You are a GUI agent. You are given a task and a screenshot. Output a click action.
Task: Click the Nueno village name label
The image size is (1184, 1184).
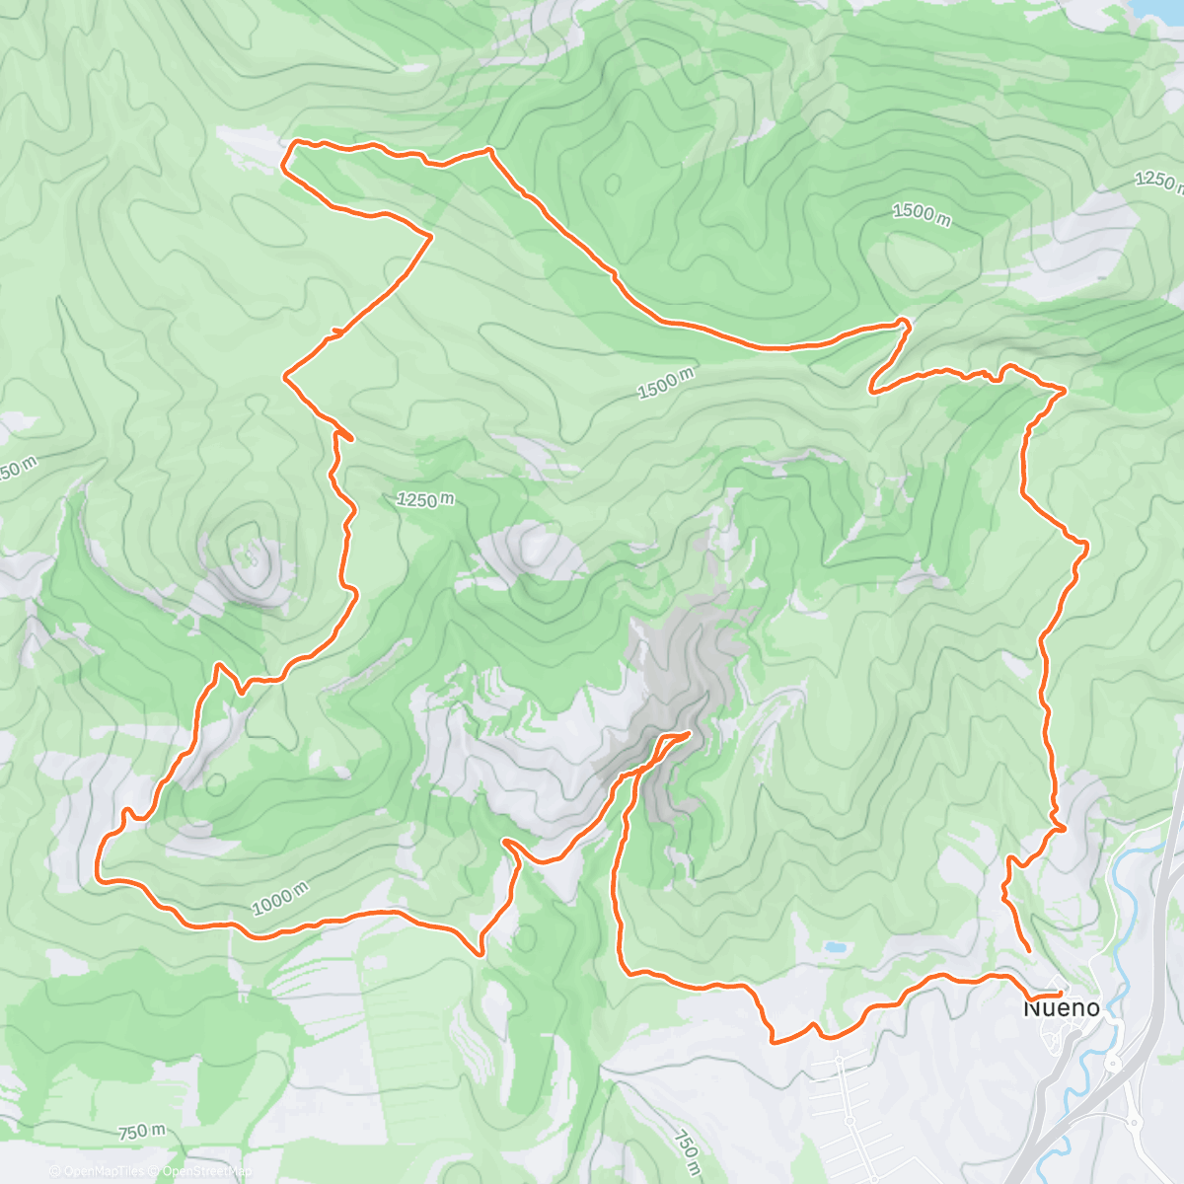(x=1061, y=1008)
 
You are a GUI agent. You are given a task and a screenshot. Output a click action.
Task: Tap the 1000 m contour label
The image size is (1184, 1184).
(x=279, y=901)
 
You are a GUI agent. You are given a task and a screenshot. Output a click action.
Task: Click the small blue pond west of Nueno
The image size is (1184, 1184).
(x=836, y=947)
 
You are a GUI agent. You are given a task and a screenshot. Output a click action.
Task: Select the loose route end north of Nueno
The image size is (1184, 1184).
(x=1030, y=950)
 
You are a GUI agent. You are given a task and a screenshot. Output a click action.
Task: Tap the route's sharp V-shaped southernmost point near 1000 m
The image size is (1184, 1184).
(x=480, y=954)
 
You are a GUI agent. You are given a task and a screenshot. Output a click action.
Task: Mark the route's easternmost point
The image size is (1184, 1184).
(x=1086, y=544)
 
